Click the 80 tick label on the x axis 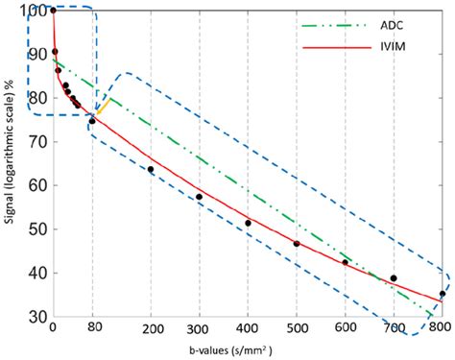pyautogui.click(x=92, y=328)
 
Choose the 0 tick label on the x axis pyautogui.click(x=53, y=328)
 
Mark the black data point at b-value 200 pyautogui.click(x=151, y=170)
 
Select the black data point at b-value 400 pyautogui.click(x=248, y=223)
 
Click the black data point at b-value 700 pyautogui.click(x=393, y=278)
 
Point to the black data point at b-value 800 pyautogui.click(x=442, y=294)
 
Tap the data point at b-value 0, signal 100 pyautogui.click(x=53, y=11)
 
